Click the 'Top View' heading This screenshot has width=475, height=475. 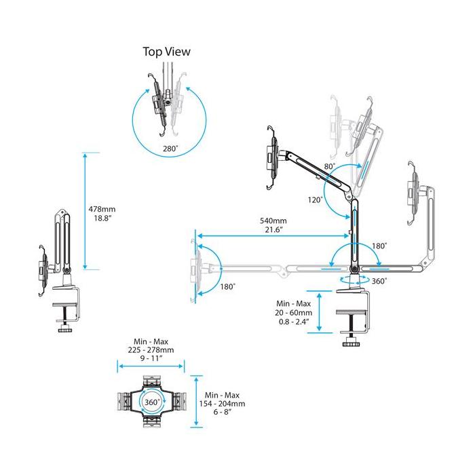pos(166,52)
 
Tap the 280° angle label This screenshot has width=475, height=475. pos(170,148)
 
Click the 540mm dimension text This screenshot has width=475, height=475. pos(273,221)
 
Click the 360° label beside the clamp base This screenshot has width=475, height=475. pos(379,281)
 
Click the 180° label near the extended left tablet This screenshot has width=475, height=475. pos(227,286)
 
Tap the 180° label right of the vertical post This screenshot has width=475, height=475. pos(379,246)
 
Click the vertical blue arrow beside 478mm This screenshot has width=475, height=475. pos(84,211)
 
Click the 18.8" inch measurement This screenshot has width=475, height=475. pos(100,220)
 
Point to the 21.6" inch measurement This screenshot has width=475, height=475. pos(273,230)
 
